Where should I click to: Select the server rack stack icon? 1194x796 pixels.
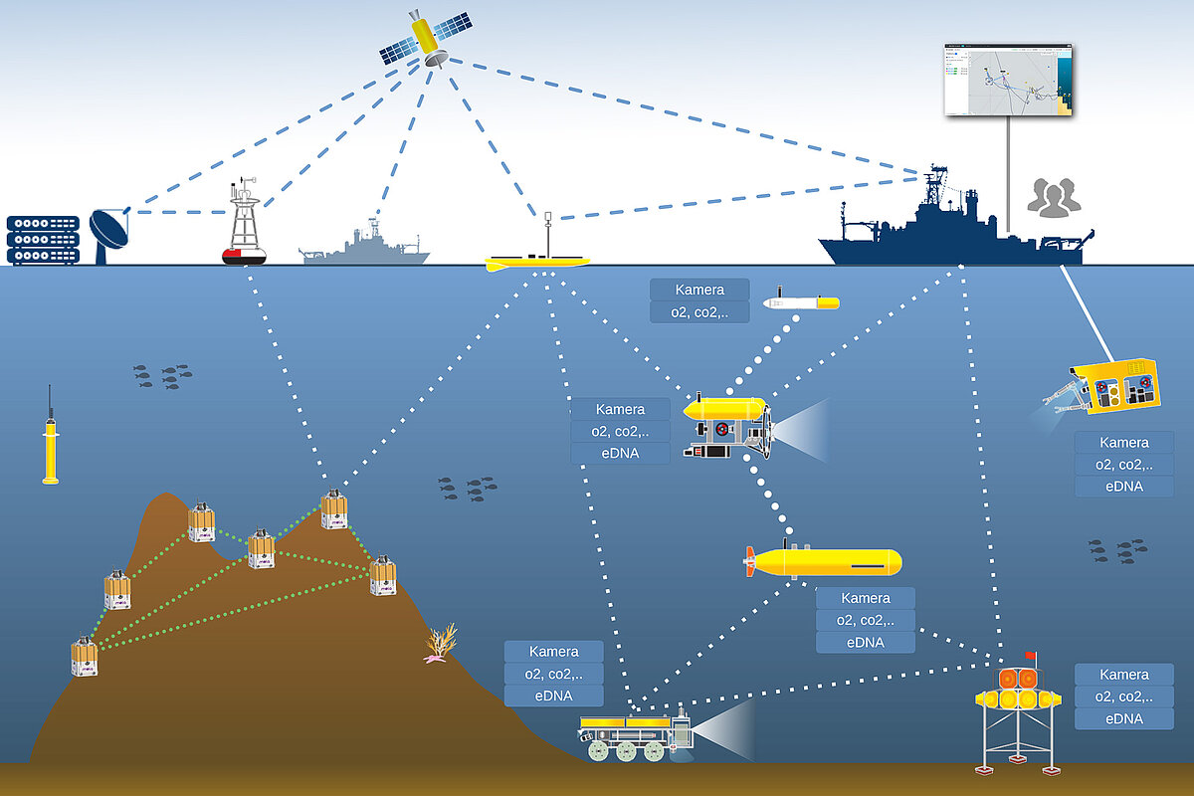coord(43,240)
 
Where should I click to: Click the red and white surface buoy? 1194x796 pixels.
coord(244,229)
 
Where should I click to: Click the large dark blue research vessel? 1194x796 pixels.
coord(945,229)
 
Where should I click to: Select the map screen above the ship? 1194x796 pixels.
coord(1008,80)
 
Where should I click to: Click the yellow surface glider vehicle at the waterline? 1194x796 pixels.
coord(537,262)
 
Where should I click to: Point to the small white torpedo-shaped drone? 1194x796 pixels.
coord(800,301)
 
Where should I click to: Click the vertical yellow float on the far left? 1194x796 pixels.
coord(50,448)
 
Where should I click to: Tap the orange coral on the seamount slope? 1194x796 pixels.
coord(440,642)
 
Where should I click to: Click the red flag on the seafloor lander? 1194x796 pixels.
coord(1031,657)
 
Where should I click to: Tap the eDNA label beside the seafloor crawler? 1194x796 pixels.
coord(553,696)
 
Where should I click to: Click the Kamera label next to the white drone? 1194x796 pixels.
coord(698,290)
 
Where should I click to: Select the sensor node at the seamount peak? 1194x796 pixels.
coord(334,509)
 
